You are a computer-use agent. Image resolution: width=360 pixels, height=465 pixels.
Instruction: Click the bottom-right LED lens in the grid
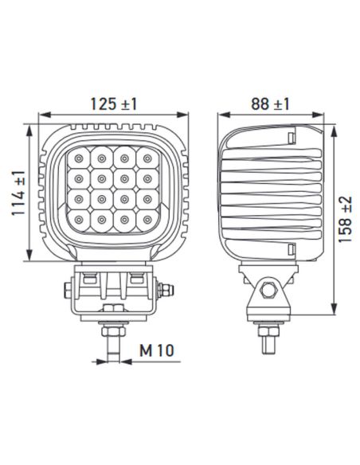click(x=147, y=216)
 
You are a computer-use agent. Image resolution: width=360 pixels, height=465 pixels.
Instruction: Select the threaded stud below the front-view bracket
click(x=113, y=340)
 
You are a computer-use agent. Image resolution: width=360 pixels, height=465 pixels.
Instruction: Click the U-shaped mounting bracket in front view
click(x=114, y=292)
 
